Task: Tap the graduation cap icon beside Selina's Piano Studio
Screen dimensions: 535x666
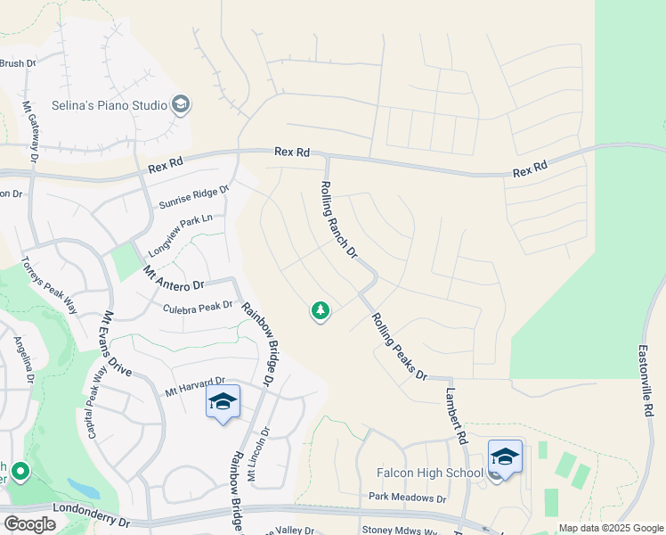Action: click(x=181, y=105)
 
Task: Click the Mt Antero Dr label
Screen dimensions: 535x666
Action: click(x=173, y=276)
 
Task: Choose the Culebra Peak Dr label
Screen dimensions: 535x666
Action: click(x=198, y=308)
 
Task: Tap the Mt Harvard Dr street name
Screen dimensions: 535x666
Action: click(x=195, y=385)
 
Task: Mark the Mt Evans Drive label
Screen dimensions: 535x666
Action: click(x=117, y=342)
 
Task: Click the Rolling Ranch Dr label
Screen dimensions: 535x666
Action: click(x=338, y=219)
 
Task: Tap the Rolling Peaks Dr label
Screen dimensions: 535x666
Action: click(x=399, y=346)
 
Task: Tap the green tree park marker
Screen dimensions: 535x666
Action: click(x=320, y=310)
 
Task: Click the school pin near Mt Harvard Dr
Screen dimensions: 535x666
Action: click(x=223, y=402)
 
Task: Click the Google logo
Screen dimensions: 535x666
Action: click(x=29, y=523)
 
